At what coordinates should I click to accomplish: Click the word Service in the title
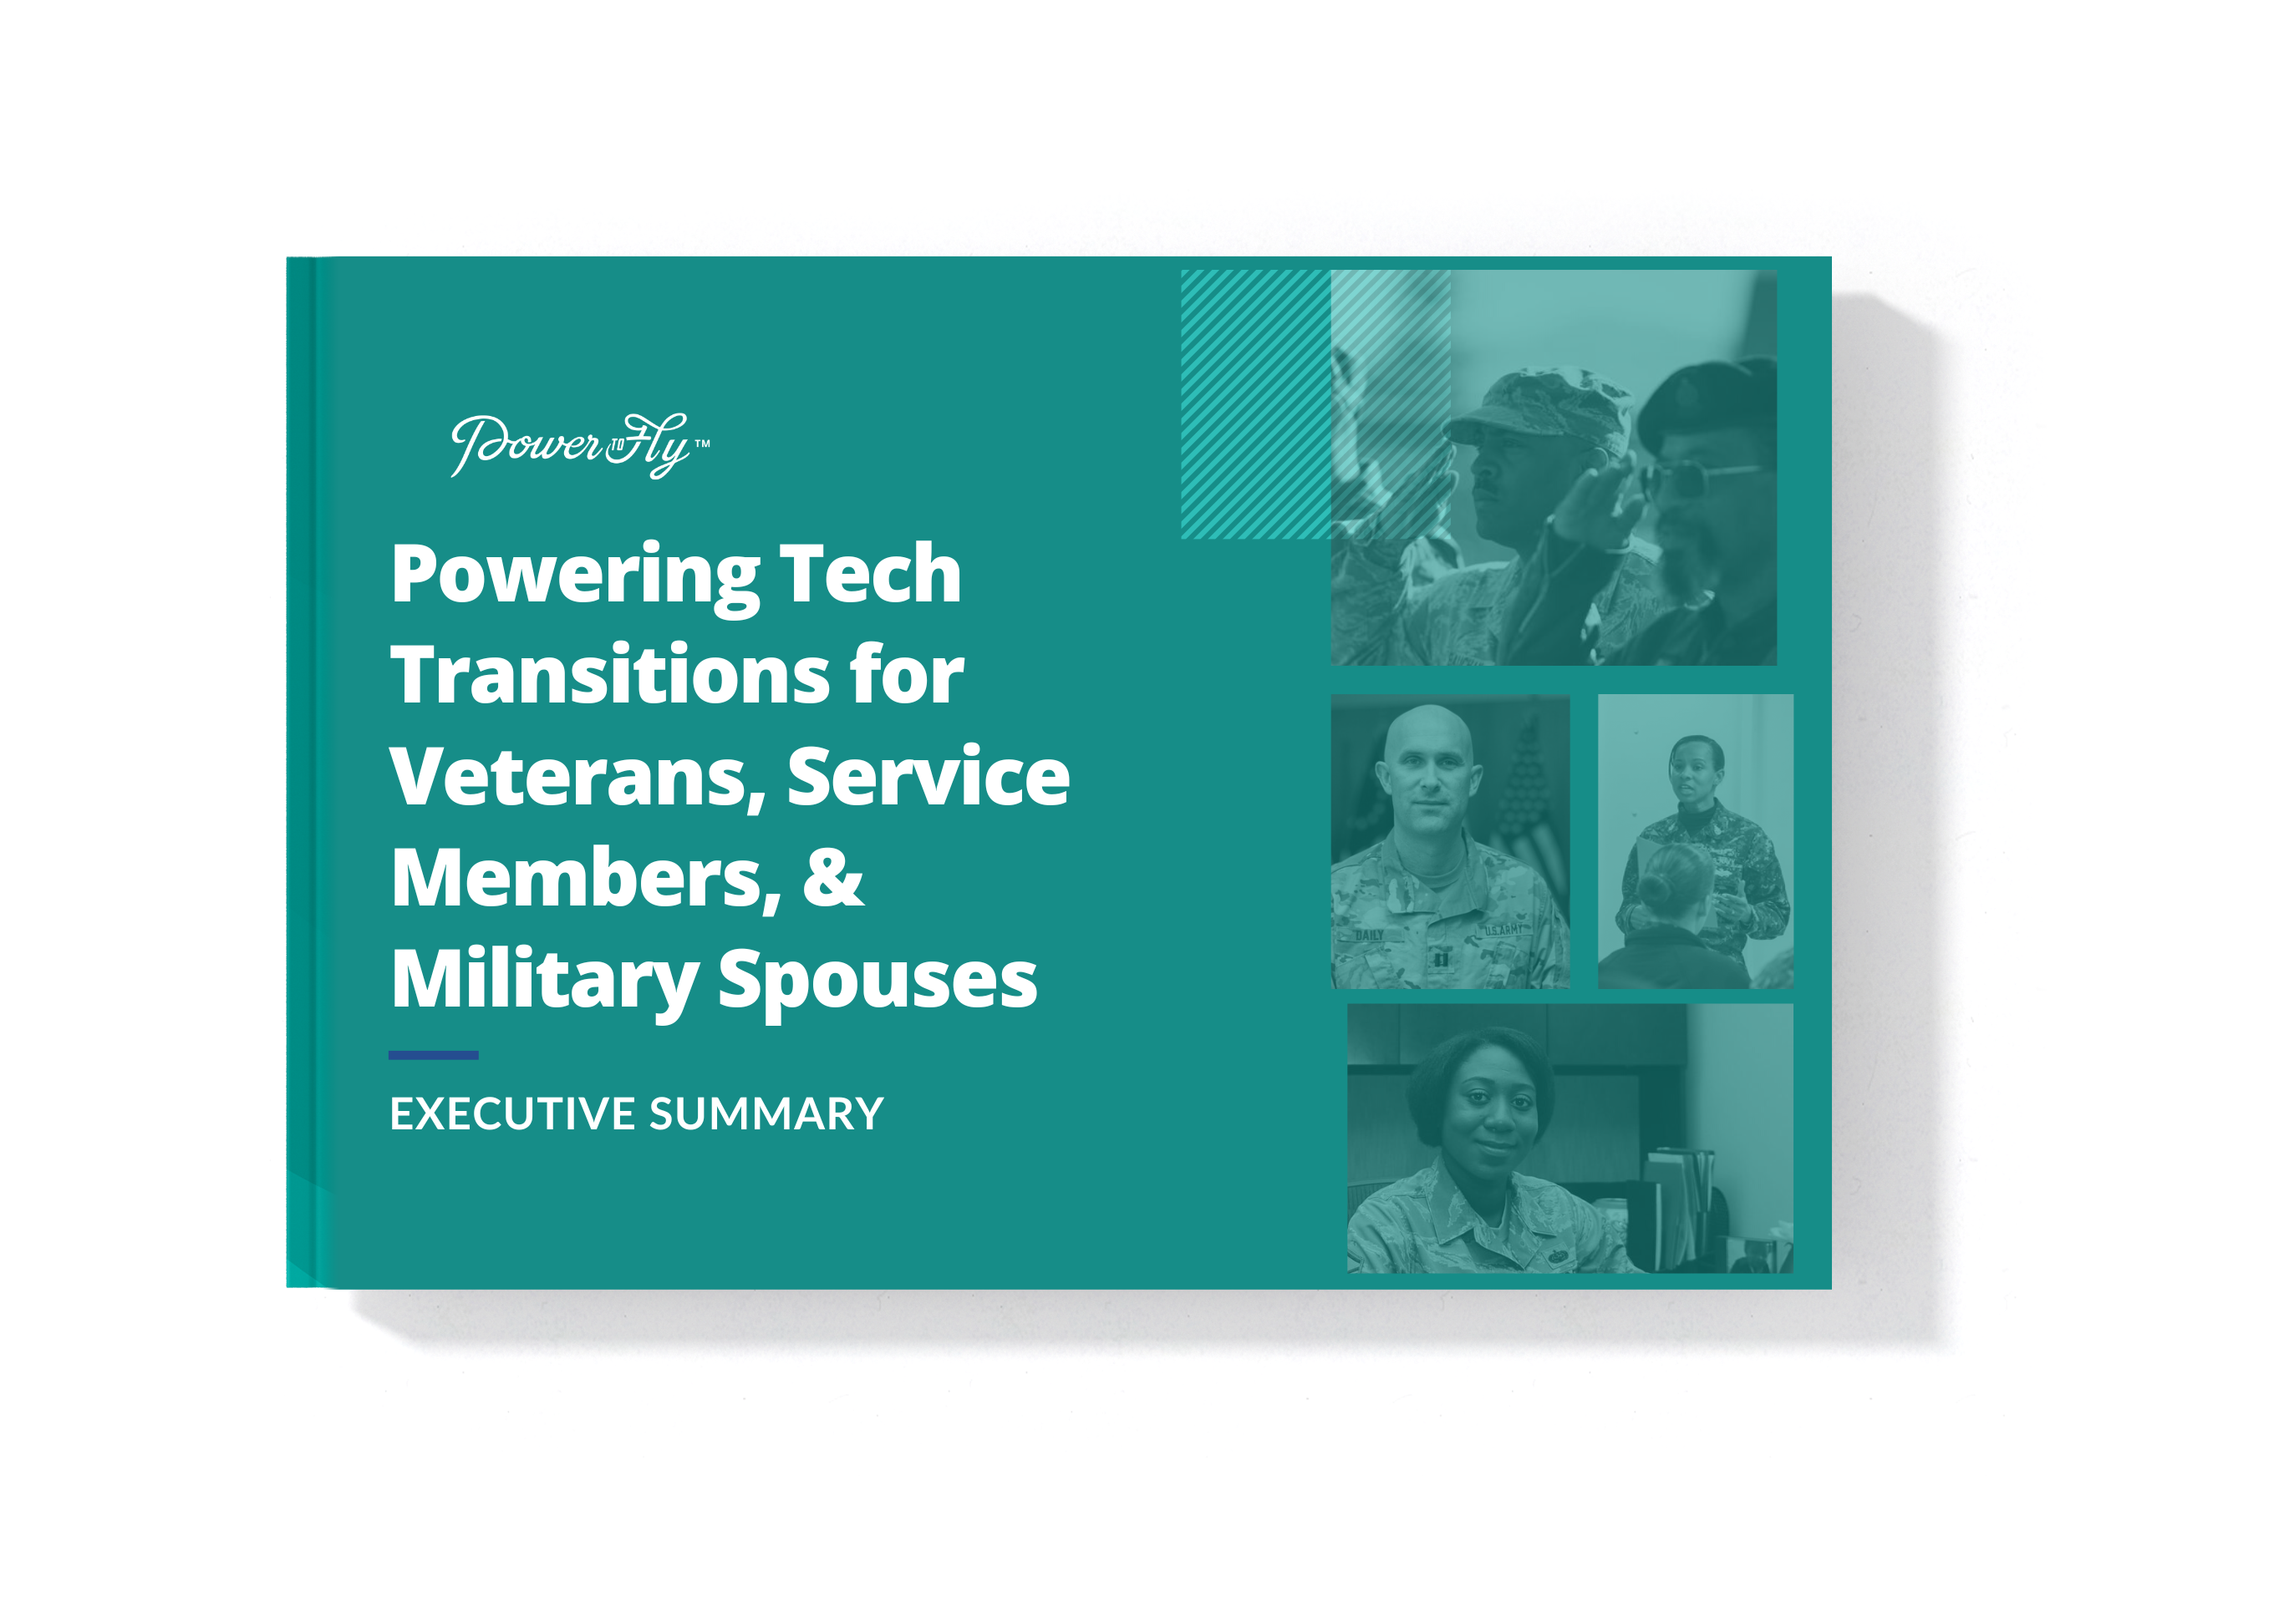pos(928,777)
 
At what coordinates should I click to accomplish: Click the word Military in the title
pos(544,981)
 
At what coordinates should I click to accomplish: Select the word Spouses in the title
pos(878,981)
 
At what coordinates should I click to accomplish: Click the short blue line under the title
pos(433,1055)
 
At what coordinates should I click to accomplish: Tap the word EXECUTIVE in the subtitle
pos(511,1114)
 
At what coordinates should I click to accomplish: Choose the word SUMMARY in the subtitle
pos(766,1114)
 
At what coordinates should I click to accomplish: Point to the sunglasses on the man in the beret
pos(1694,479)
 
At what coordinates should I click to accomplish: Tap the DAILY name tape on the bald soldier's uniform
pos(1370,935)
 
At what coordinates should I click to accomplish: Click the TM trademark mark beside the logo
pos(702,444)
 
